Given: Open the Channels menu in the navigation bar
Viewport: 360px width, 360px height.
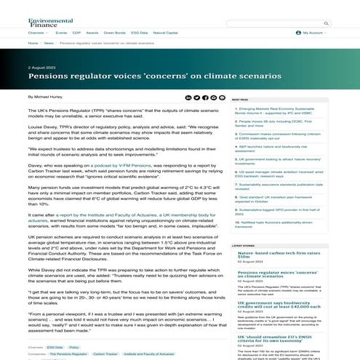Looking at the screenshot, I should pos(38,33).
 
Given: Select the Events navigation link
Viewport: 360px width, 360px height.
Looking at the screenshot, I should pos(61,33).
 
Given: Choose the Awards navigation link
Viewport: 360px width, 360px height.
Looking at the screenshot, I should pos(92,33).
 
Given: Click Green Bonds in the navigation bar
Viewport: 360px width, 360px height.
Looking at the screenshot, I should pos(114,33).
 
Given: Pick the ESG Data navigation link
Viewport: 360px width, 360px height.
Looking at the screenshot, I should pos(140,33).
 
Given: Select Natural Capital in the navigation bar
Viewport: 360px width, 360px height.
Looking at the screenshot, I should pos(167,33).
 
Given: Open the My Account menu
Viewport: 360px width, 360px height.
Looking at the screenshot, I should pos(314,33).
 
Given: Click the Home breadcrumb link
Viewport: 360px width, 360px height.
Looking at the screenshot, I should pos(33,43).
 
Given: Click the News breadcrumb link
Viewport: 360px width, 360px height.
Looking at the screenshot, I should pos(48,43).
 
